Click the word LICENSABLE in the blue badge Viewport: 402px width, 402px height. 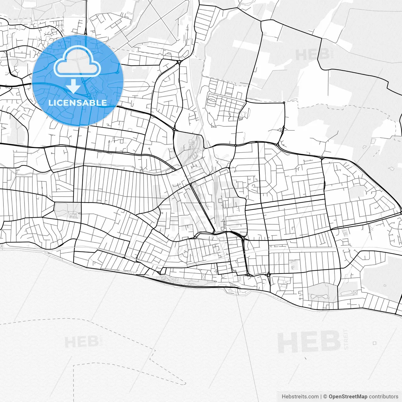[x=78, y=103]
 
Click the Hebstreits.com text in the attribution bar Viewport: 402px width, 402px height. [x=300, y=397]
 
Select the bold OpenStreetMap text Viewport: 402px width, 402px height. [x=348, y=397]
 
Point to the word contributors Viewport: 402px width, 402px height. [x=383, y=397]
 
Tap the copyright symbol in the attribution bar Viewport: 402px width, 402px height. [x=325, y=397]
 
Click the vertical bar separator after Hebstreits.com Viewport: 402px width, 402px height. [x=321, y=397]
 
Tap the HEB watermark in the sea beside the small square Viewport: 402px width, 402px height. [x=309, y=342]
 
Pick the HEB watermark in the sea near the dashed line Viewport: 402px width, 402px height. [x=80, y=342]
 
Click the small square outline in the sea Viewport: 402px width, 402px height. [x=374, y=343]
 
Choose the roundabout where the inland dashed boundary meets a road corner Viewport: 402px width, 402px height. [x=284, y=102]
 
